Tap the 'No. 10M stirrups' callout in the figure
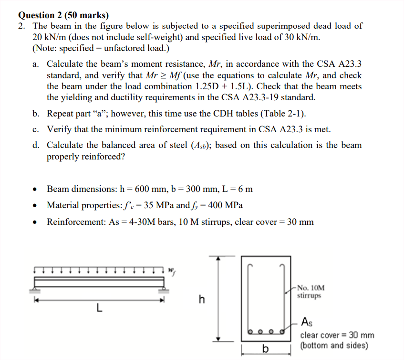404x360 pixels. pyautogui.click(x=310, y=292)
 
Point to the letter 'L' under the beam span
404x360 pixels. pyautogui.click(x=99, y=307)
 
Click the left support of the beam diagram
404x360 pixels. pyautogui.click(x=35, y=288)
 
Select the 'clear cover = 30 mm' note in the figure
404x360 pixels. pyautogui.click(x=337, y=335)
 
